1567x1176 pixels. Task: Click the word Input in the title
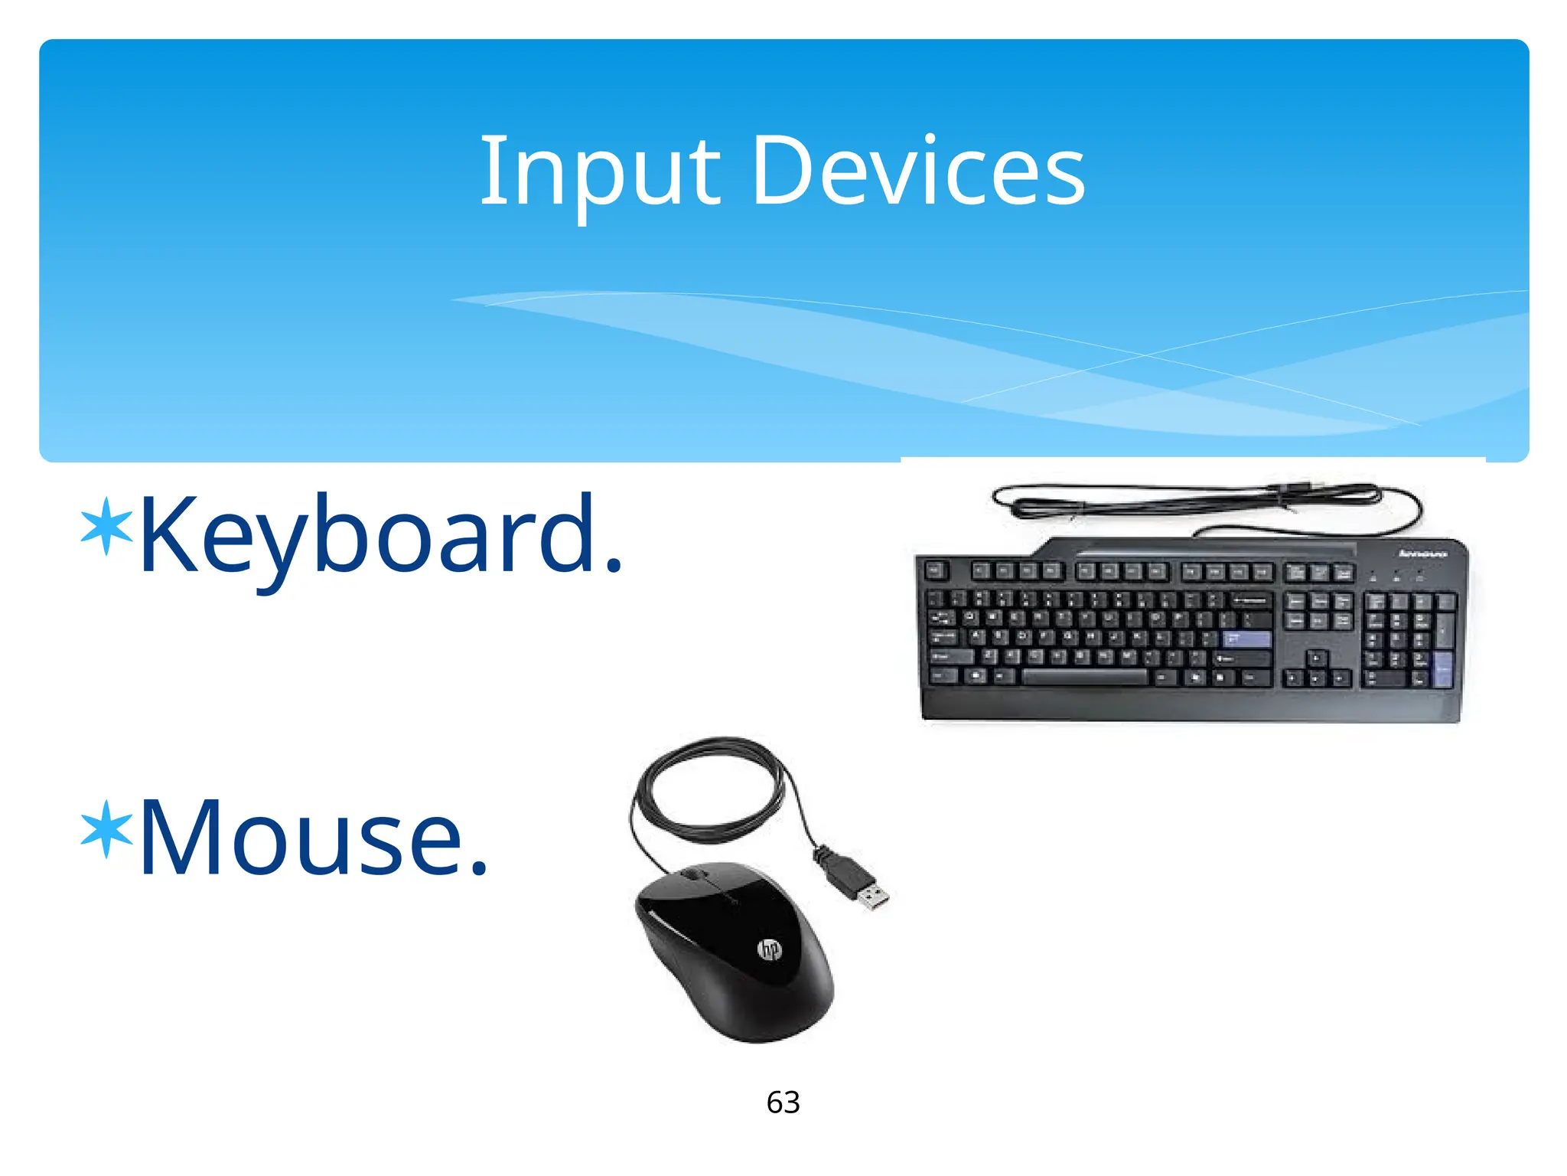pos(599,172)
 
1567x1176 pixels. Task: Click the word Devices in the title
pos(918,172)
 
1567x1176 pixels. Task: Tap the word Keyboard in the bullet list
pos(367,536)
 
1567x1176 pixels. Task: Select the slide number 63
pos(783,1102)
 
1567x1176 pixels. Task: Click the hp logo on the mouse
pos(769,950)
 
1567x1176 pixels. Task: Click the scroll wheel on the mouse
pos(695,875)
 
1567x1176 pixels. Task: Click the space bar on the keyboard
pos(1085,677)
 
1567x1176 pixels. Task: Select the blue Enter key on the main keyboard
pos(1246,639)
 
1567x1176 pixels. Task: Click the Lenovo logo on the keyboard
pos(1422,554)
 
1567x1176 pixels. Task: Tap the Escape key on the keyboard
pos(936,570)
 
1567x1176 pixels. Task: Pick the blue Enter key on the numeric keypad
pos(1443,669)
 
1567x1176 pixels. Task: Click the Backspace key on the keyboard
pos(1250,599)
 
